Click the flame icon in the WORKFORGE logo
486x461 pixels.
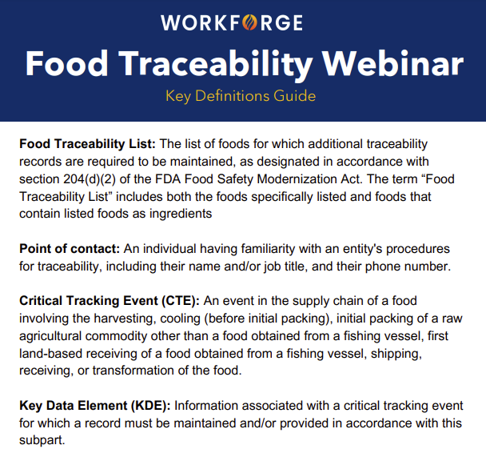[x=249, y=22]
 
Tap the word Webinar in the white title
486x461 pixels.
[x=392, y=64]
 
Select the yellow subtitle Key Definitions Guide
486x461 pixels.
[x=241, y=96]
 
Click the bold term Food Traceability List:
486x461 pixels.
[x=87, y=144]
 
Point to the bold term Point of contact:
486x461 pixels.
[x=70, y=249]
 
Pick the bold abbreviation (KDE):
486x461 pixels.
[x=150, y=406]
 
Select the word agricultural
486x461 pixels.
[x=50, y=336]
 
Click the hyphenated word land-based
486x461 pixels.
[x=50, y=354]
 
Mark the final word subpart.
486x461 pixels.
[x=42, y=440]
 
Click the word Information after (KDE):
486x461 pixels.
[x=205, y=406]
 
